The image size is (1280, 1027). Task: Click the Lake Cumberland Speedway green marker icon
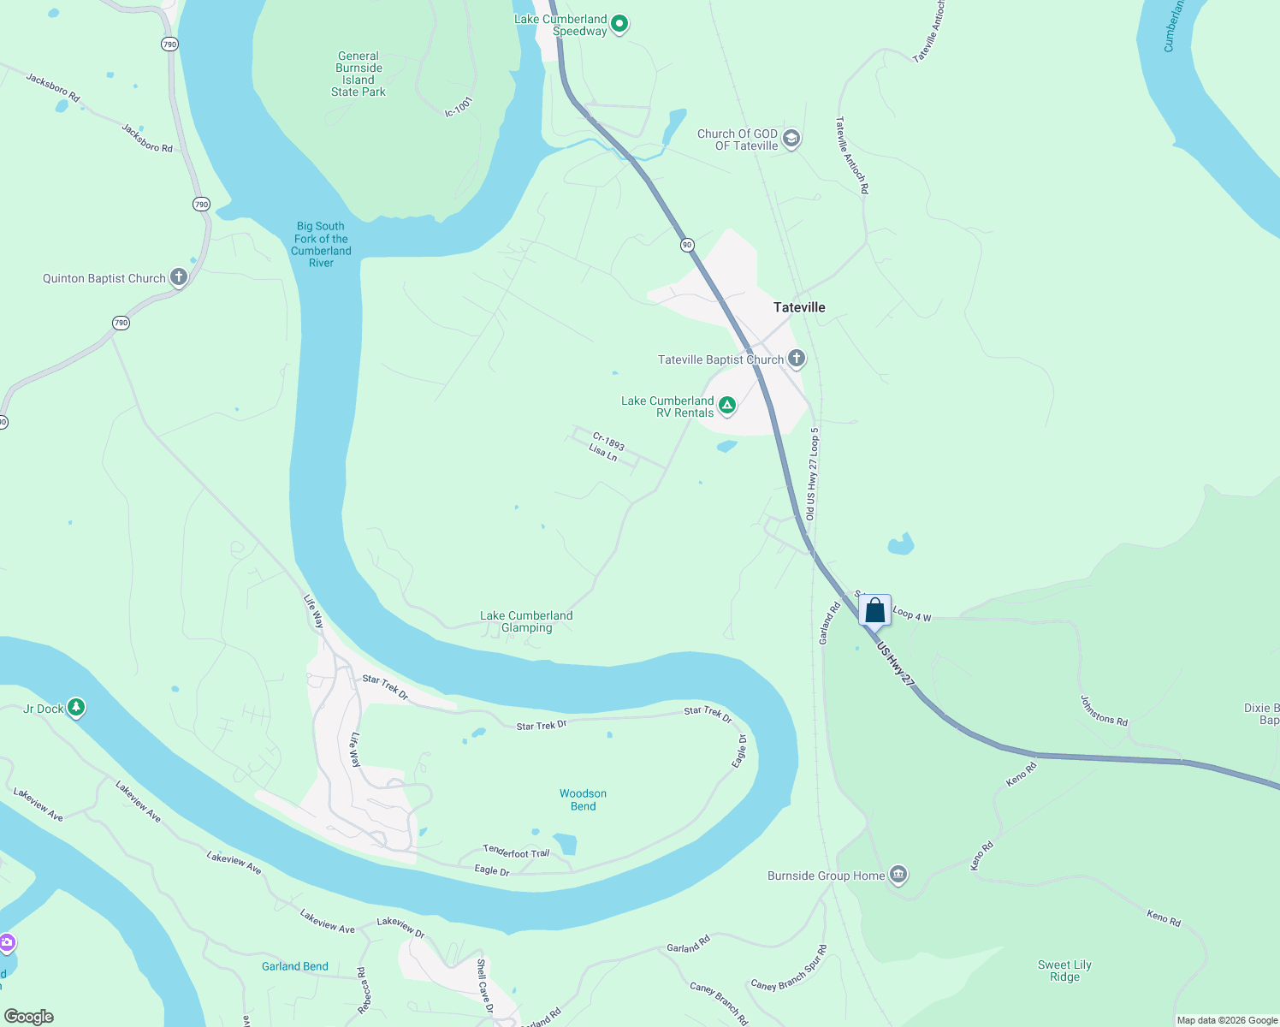coord(619,24)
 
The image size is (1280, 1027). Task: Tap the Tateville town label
coord(799,307)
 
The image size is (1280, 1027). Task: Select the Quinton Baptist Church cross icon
coord(178,277)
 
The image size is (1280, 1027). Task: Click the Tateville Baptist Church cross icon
coord(797,359)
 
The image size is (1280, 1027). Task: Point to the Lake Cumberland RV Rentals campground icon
coord(727,406)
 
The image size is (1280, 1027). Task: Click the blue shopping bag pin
coord(874,611)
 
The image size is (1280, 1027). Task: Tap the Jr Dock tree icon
coord(76,708)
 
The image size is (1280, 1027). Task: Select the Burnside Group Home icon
coord(898,875)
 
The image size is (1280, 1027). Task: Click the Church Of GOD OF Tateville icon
coord(791,139)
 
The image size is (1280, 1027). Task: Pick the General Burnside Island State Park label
coord(359,74)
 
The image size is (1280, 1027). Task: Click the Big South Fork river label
coord(321,245)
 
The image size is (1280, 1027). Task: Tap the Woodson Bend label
coord(583,800)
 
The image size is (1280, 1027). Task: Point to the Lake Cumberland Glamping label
coord(526,621)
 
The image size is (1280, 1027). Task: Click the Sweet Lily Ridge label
coord(1064,971)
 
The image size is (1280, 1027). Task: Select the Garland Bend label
coord(294,966)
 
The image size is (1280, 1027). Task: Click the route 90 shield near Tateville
coord(687,246)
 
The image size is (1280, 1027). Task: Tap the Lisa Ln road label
coord(603,452)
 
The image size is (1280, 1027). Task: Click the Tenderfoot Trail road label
coord(516,852)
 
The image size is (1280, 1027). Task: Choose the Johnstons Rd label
coord(1104,711)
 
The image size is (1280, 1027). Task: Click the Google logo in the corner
coord(29,1017)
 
